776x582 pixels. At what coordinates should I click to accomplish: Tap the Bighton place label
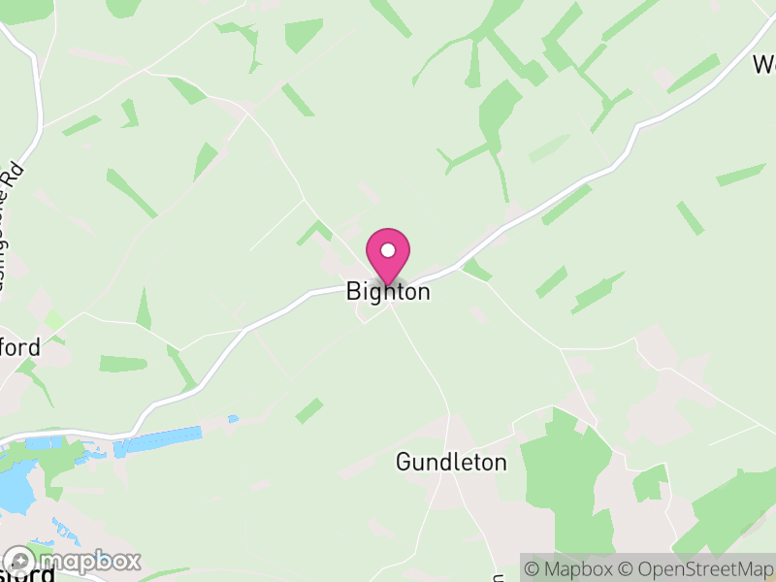pyautogui.click(x=388, y=292)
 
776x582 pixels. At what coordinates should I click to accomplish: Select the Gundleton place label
pyautogui.click(x=451, y=463)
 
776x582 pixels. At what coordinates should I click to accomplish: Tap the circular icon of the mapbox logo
pyautogui.click(x=19, y=562)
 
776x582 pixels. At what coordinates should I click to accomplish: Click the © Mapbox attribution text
pyautogui.click(x=572, y=568)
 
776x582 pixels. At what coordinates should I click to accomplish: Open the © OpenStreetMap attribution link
pyautogui.click(x=695, y=568)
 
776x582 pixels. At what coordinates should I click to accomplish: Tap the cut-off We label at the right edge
pyautogui.click(x=764, y=65)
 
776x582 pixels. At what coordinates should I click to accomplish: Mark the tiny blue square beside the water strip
pyautogui.click(x=233, y=419)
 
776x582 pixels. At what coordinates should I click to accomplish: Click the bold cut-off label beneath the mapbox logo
pyautogui.click(x=29, y=576)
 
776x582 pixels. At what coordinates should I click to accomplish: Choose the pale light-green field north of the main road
pyautogui.click(x=549, y=147)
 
